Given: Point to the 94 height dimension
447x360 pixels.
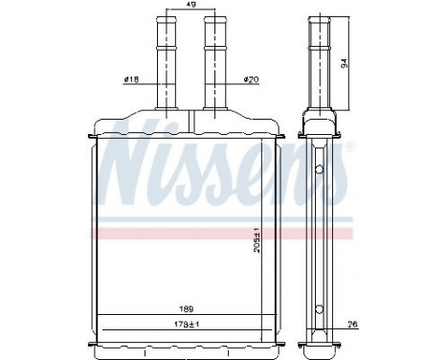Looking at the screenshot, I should (x=343, y=63).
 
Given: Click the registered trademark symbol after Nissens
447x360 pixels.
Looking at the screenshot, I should (x=349, y=147).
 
